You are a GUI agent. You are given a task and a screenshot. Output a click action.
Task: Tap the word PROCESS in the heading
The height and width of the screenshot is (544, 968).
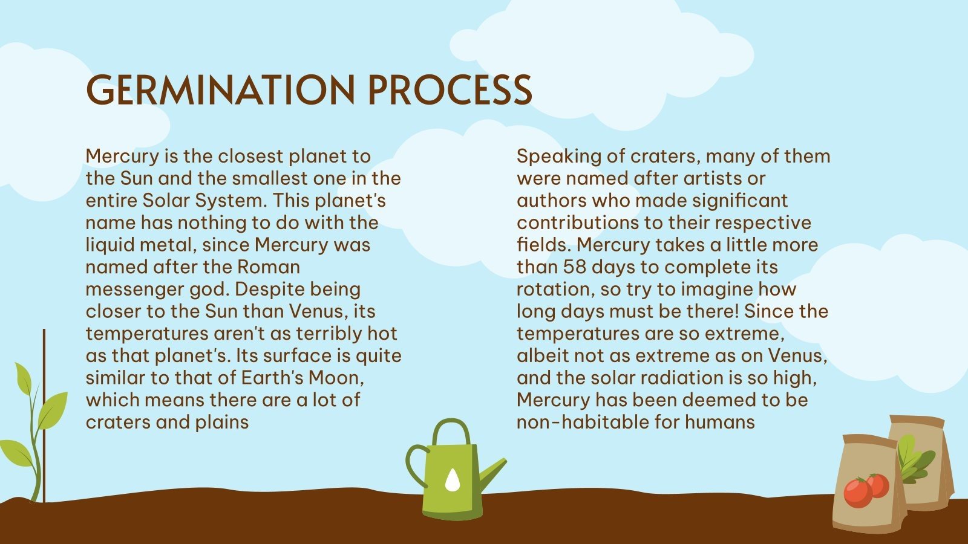[450, 89]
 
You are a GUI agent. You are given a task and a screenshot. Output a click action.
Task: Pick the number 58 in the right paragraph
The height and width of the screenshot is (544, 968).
[575, 267]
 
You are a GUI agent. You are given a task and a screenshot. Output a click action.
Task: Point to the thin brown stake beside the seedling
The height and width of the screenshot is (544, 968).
[44, 417]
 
